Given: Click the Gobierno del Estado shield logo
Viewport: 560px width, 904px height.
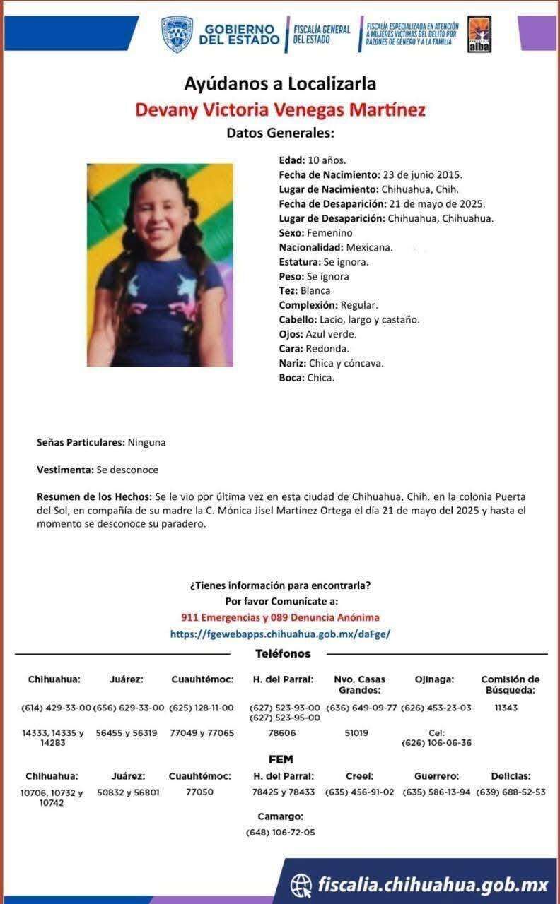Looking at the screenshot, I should click(177, 35).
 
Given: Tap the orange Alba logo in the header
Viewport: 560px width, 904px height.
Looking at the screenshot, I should click(479, 34).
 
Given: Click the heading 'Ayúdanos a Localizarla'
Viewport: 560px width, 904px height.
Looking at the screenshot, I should click(280, 84).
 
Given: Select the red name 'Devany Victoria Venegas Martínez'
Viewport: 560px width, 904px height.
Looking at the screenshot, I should click(280, 110).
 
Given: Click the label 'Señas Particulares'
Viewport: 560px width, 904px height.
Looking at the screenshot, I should click(81, 443).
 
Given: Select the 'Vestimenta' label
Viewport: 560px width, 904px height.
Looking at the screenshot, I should click(65, 470).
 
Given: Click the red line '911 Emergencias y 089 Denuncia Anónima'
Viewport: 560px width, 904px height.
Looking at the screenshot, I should click(280, 617).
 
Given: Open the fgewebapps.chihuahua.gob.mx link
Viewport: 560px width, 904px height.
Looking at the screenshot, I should click(280, 634).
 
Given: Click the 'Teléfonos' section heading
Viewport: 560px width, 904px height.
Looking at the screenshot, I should click(283, 654).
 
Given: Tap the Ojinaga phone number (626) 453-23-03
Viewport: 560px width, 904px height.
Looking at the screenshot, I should click(436, 708).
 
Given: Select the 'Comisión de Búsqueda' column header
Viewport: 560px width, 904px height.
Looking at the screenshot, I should click(510, 684).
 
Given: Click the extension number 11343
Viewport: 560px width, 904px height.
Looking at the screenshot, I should click(506, 708).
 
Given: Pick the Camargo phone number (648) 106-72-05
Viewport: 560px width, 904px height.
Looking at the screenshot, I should click(281, 833).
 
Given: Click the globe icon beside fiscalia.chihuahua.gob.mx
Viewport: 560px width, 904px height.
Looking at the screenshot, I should click(301, 884).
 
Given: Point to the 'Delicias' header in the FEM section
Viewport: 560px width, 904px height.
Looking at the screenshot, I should click(511, 776).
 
